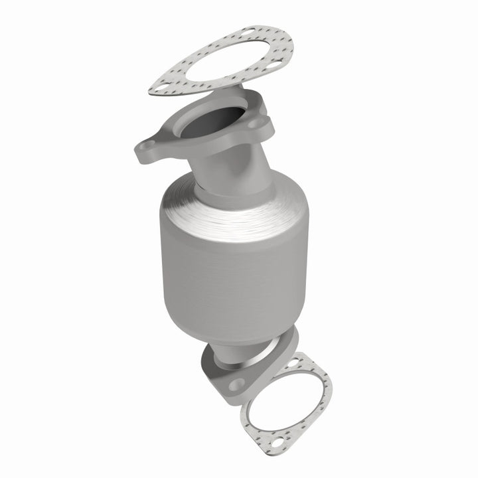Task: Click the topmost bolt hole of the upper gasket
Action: [x=247, y=31]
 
